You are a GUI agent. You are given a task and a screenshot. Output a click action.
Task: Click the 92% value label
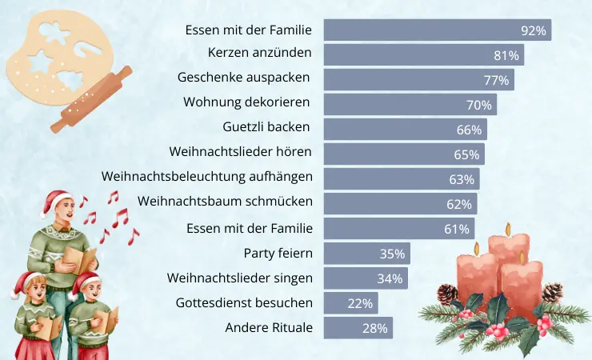coord(533,30)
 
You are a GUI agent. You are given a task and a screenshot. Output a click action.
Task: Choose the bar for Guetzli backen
coord(405,130)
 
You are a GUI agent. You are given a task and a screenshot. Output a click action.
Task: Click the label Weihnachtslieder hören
coord(240,151)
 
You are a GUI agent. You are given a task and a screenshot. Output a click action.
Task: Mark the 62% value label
coord(459,204)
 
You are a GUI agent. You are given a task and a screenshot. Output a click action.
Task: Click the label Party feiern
coord(278,254)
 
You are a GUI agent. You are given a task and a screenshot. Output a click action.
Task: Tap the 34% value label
coord(390,278)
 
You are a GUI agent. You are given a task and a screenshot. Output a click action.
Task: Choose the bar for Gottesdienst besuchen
coord(350,303)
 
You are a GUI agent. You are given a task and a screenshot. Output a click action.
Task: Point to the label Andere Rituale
coord(269,327)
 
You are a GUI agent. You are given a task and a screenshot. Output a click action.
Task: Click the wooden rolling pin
coord(91,101)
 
